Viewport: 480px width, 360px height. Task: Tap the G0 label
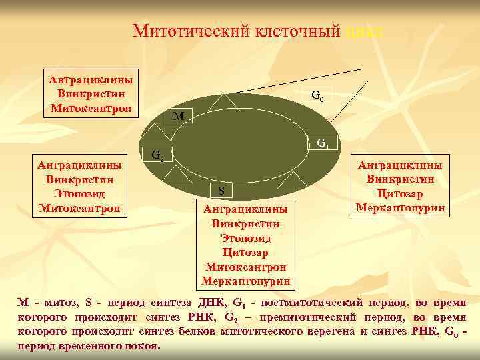318,96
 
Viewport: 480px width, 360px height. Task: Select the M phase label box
178,117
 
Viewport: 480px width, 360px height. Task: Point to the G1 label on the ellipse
323,143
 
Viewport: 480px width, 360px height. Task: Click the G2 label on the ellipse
157,156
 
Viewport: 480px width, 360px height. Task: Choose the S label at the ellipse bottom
221,191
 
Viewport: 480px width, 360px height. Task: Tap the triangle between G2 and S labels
177,176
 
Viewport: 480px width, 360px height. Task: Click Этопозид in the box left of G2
80,193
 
